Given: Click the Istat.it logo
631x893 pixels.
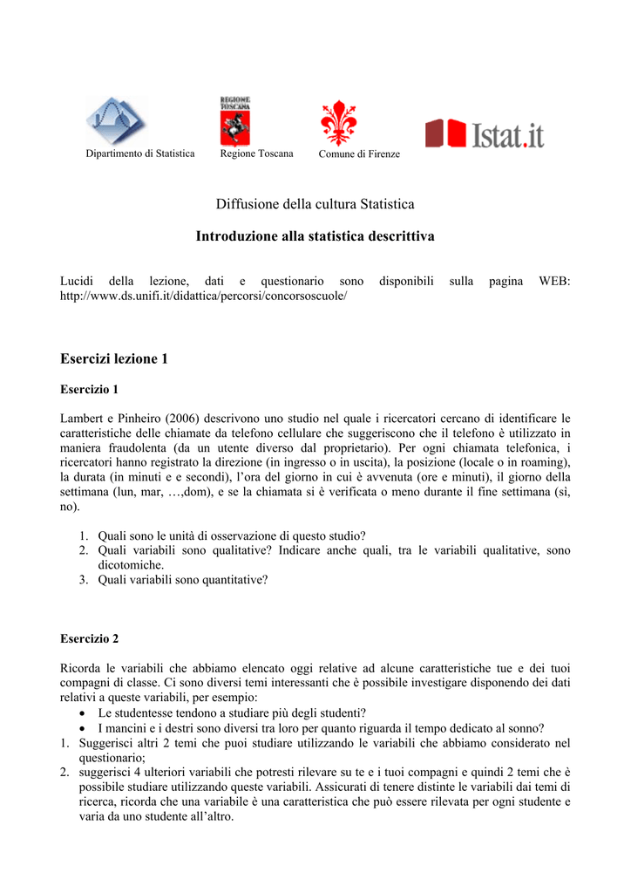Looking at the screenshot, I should coord(485,133).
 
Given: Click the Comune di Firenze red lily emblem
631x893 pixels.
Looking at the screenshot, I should coord(339,123).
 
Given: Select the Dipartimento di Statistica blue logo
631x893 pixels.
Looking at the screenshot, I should coord(117,121).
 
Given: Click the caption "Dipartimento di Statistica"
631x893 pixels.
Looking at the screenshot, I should coord(140,153).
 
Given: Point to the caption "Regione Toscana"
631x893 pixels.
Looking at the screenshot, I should coord(257,153).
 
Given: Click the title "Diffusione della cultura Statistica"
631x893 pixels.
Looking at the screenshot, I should coord(315,204).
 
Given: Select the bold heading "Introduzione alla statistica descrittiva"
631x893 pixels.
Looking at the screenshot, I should coord(315,236).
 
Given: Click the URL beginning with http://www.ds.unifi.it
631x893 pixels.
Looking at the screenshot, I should coord(203,297).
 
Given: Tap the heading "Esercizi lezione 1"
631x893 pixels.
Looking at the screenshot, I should coord(113,359).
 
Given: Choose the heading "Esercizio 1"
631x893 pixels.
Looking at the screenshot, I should coord(89,389).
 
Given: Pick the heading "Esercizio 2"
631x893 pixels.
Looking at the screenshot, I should coord(89,638).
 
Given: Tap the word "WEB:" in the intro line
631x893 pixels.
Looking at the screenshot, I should coord(554,281).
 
